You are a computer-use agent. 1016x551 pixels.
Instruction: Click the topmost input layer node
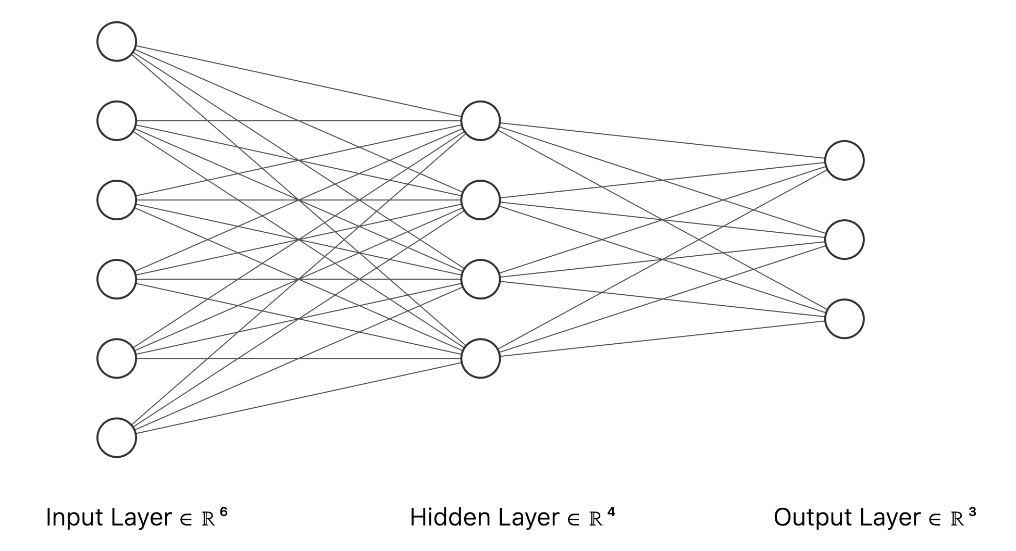(x=117, y=42)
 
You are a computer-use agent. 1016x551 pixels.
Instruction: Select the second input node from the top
(x=117, y=121)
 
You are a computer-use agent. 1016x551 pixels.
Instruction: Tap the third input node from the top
(x=117, y=200)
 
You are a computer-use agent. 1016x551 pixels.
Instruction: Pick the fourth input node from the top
(x=117, y=279)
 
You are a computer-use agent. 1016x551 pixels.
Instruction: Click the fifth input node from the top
(x=117, y=358)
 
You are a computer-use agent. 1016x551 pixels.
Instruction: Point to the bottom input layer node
(x=117, y=437)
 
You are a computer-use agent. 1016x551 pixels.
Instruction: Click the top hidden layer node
(x=480, y=121)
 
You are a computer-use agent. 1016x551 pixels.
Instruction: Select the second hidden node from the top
(x=480, y=200)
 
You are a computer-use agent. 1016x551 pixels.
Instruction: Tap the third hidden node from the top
(x=480, y=279)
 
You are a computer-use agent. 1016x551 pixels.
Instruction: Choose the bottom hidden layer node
(x=480, y=358)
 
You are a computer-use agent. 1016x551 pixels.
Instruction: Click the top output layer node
(x=844, y=160)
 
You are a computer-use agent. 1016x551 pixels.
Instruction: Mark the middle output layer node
(x=844, y=240)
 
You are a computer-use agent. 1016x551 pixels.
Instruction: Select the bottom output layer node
(x=844, y=319)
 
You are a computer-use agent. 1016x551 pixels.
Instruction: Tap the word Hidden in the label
(x=450, y=518)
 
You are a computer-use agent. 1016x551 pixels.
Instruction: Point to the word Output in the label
(x=813, y=518)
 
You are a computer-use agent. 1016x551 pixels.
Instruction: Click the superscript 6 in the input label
(x=224, y=512)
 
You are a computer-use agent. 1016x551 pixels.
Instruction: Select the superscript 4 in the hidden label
(x=611, y=512)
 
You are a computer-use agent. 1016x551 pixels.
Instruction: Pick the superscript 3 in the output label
(x=972, y=512)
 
